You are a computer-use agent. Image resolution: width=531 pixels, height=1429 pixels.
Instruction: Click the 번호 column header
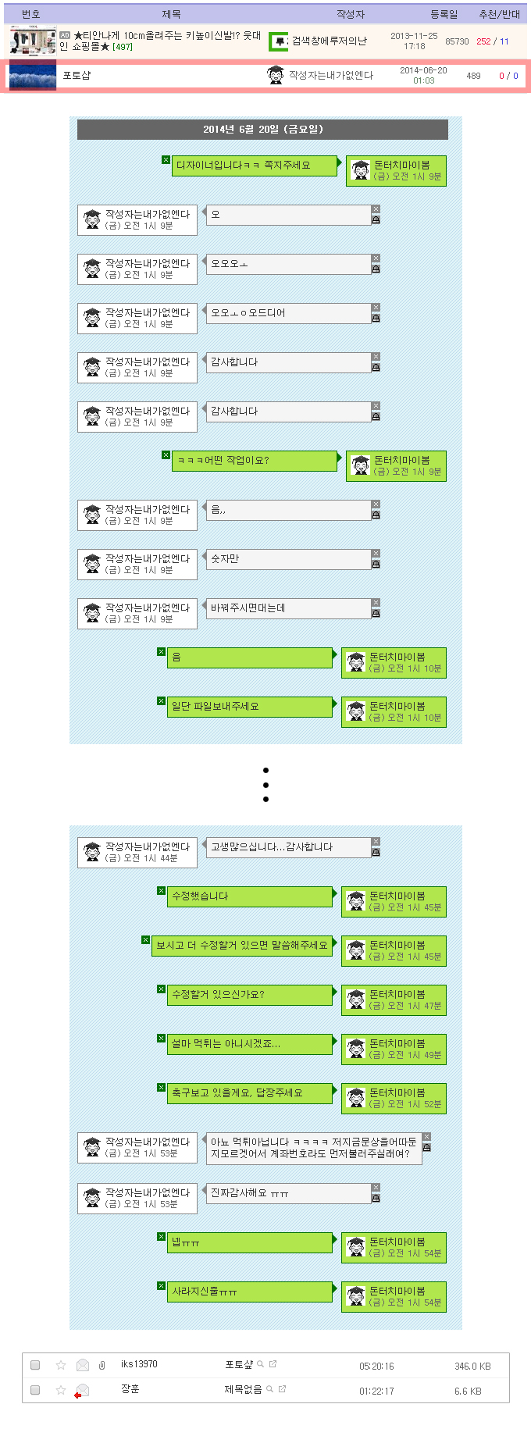[x=31, y=14]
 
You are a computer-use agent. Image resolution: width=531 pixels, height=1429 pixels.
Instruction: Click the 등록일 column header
[x=444, y=14]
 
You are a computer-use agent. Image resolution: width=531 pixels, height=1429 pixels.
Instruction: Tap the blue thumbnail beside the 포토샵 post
[x=32, y=75]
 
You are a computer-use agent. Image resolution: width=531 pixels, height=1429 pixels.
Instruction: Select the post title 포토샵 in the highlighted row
[x=77, y=76]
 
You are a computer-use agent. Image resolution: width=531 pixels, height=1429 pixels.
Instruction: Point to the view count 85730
[x=457, y=41]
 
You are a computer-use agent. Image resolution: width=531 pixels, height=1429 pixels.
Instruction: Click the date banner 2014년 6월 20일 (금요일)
[x=262, y=130]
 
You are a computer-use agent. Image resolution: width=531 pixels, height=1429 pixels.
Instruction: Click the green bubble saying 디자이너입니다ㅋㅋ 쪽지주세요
[x=254, y=166]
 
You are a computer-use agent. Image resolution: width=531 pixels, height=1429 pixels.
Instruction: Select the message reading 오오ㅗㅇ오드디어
[x=287, y=313]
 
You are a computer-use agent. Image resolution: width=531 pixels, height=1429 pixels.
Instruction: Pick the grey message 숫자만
[x=287, y=559]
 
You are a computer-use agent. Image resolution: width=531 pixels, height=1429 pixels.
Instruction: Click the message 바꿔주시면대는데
[x=287, y=608]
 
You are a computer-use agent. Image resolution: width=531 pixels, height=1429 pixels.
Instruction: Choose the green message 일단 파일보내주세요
[x=250, y=707]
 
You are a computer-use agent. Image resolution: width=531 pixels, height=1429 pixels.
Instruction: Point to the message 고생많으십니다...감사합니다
[x=287, y=847]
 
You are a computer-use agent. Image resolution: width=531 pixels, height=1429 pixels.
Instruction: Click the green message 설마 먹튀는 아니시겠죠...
[x=250, y=1044]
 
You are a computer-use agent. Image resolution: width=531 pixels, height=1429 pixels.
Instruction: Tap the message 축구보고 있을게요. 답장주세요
[x=250, y=1093]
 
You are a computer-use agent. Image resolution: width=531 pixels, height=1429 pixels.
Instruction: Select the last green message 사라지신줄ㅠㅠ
[x=250, y=1292]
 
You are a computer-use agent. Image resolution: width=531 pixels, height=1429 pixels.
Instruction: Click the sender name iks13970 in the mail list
[x=139, y=1364]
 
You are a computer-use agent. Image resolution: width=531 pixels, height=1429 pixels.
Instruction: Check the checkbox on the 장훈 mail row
[x=35, y=1390]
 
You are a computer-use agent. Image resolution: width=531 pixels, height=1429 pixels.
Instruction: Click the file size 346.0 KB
[x=472, y=1366]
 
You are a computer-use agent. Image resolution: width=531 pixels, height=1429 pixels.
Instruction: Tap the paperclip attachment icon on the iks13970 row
[x=102, y=1365]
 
